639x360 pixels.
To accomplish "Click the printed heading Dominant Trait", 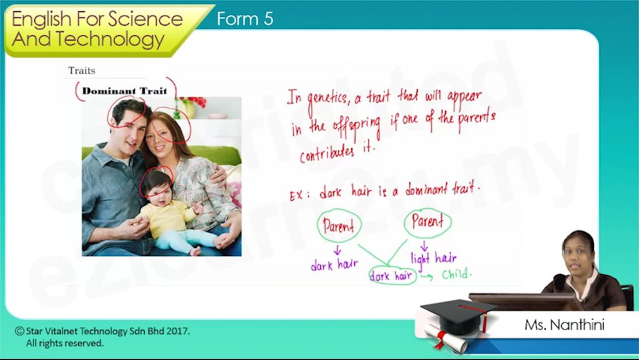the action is click(x=125, y=91).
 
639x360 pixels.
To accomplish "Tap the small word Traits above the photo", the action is click(x=82, y=71).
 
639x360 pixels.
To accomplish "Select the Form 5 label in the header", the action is click(x=245, y=19).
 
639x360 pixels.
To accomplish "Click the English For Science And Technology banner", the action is click(x=98, y=29).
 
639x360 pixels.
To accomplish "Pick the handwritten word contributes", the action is click(x=327, y=153).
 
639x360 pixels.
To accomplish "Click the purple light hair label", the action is click(x=434, y=258).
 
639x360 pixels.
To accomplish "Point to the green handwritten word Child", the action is click(x=457, y=274).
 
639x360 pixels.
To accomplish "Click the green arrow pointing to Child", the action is click(x=427, y=277).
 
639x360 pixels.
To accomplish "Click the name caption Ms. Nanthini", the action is click(x=564, y=325).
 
